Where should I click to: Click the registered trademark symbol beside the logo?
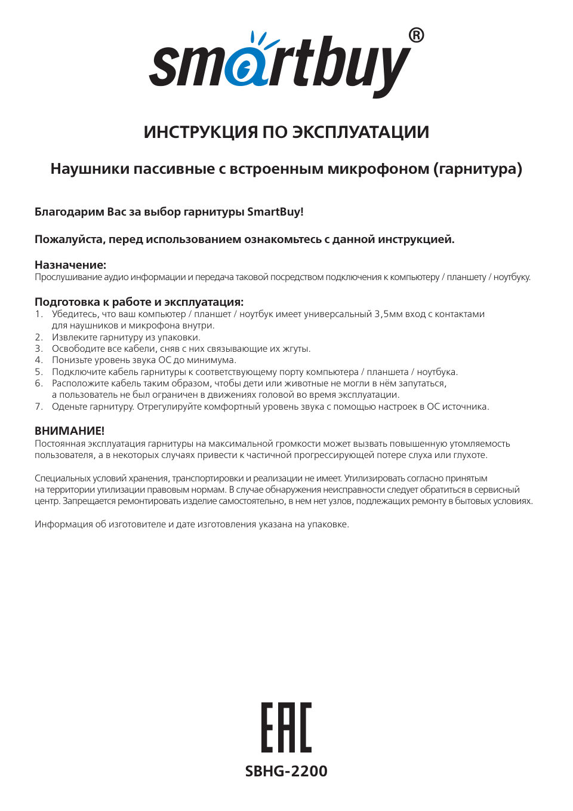click(417, 36)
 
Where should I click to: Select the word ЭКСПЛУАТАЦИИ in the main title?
click(361, 132)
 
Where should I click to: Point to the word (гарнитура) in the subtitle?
click(478, 169)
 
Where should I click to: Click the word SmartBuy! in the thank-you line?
click(275, 212)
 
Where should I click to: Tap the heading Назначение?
click(70, 265)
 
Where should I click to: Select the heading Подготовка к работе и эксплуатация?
click(139, 302)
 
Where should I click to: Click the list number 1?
click(38, 314)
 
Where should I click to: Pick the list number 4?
click(38, 360)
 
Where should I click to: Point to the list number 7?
click(38, 407)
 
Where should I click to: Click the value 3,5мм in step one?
click(389, 314)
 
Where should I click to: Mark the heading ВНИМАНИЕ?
click(69, 431)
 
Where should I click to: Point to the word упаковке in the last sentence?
click(326, 524)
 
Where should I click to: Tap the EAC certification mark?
click(286, 727)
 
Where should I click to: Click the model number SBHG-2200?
click(286, 771)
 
